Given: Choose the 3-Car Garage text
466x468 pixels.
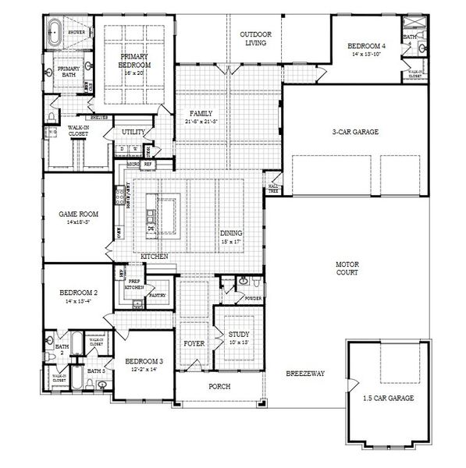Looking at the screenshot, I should tap(354, 132).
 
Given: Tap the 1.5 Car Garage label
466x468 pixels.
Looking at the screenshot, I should tap(388, 398).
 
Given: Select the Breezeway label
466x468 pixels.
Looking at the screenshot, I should tap(304, 373).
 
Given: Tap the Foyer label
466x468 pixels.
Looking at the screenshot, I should tap(194, 343).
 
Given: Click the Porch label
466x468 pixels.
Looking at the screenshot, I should tap(219, 386).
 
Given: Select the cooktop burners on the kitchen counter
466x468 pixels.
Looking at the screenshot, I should tap(120, 200).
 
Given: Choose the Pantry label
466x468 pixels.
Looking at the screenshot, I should tap(158, 296).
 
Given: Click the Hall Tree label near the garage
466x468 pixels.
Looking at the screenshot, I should tap(272, 187).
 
